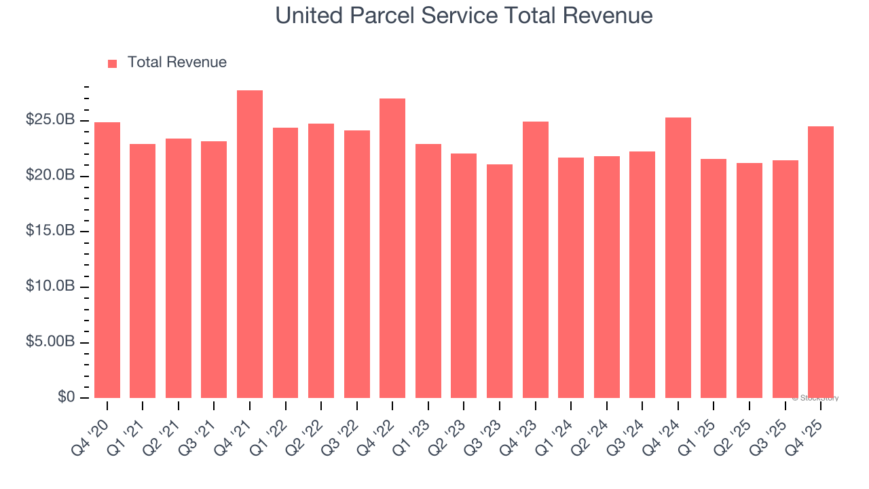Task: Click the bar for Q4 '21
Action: (x=250, y=244)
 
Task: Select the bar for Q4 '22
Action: (x=392, y=249)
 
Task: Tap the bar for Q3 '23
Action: (x=500, y=281)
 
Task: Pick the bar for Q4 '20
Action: (x=107, y=260)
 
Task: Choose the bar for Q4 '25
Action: (x=821, y=262)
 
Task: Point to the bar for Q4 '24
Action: (x=678, y=258)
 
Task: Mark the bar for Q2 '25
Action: (x=750, y=280)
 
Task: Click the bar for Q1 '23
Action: (x=428, y=271)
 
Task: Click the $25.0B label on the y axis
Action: (x=50, y=120)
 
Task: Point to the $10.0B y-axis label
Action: (x=50, y=287)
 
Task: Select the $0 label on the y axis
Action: (x=66, y=397)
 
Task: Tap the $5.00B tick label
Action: (x=50, y=342)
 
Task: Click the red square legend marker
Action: (x=113, y=63)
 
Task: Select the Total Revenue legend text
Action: (x=177, y=62)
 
